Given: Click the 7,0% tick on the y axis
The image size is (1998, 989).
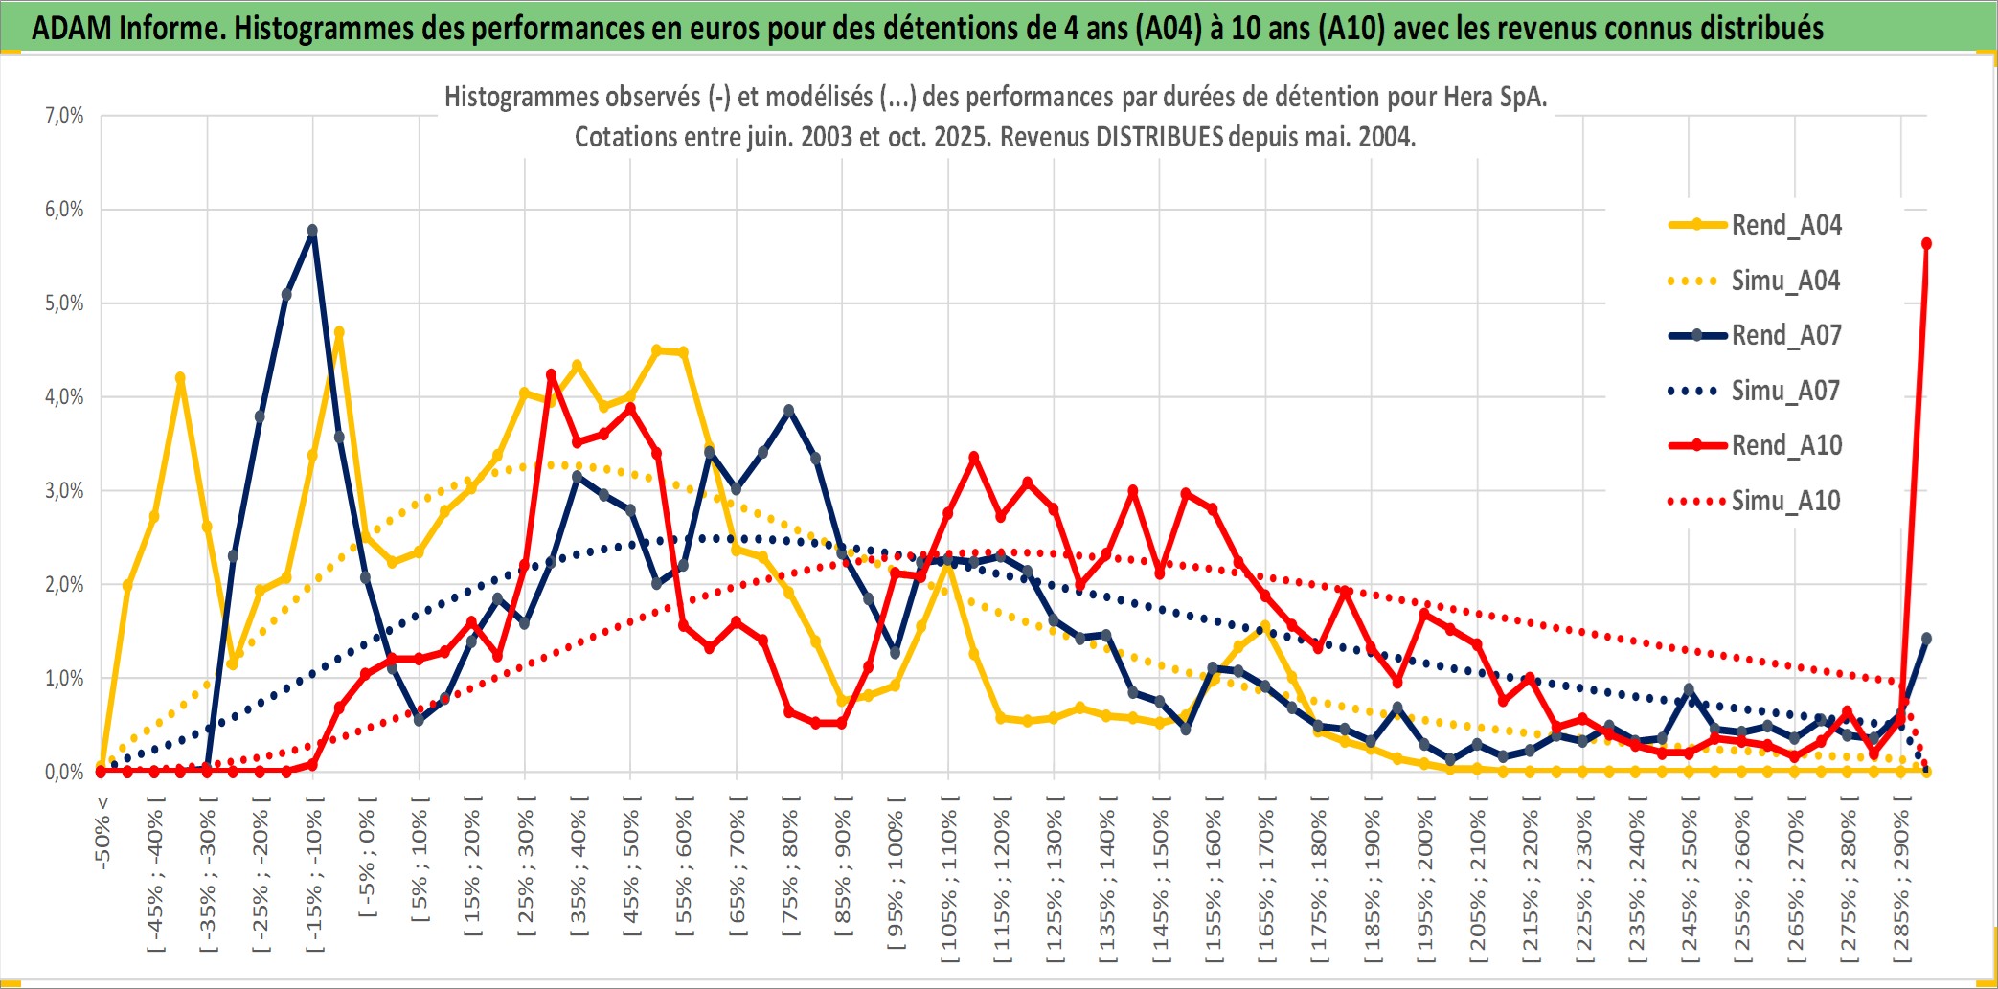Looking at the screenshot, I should coord(64,116).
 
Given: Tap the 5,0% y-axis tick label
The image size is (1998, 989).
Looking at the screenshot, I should coord(64,303).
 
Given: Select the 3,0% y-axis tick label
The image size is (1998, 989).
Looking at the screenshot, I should coord(64,491).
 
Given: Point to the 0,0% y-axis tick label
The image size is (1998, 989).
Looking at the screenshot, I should coord(64,773).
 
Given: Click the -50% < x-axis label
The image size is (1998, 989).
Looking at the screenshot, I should coord(102,833).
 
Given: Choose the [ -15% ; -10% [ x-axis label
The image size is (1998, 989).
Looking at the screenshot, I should coord(314,873).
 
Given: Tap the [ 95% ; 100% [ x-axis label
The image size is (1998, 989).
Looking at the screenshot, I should coord(896,873).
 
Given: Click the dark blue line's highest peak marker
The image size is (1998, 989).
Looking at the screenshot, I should coord(312,231).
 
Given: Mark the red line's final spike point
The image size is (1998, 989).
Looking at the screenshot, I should coord(1926,244).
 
